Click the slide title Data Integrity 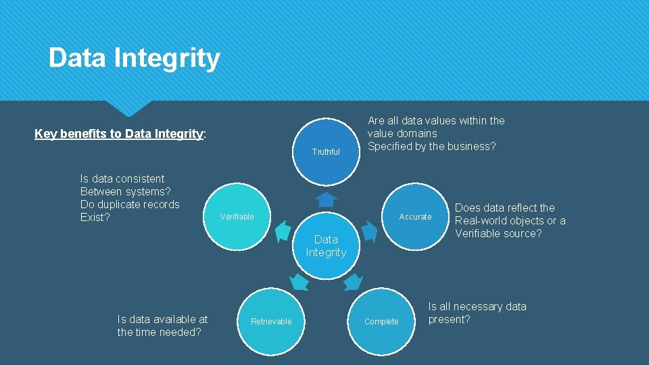tap(134, 58)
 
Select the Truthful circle tap(326, 152)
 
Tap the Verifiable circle tap(237, 216)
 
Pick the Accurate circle tap(415, 216)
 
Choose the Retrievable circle tap(271, 321)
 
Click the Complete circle tap(381, 321)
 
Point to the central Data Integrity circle tap(326, 245)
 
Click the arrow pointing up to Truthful tap(327, 199)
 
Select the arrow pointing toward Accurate tap(368, 231)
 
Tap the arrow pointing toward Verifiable tap(284, 231)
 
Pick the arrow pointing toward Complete tap(352, 281)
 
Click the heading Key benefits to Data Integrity tap(119, 134)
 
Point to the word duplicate tap(129, 204)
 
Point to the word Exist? tap(95, 217)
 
